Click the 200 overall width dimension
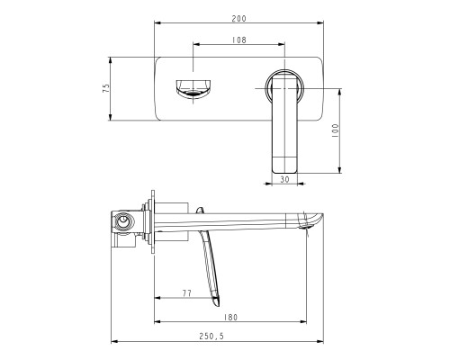click(x=238, y=16)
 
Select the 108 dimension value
click(x=240, y=40)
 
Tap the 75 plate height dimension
click(x=105, y=88)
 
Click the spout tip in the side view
click(x=310, y=222)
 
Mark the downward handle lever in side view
click(x=211, y=265)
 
